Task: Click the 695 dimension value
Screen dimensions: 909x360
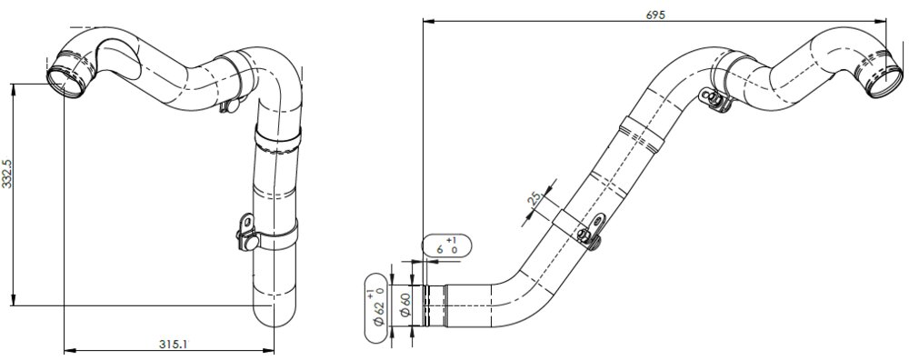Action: (x=655, y=15)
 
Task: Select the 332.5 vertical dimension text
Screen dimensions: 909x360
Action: (x=7, y=173)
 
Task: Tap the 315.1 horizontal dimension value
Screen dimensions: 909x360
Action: (x=174, y=344)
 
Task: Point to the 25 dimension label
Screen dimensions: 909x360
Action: (x=534, y=197)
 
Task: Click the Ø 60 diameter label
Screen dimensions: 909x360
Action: (x=405, y=304)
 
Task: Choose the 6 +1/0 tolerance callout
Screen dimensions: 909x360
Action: (x=447, y=245)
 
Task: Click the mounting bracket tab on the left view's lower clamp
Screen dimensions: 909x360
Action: (x=245, y=224)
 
